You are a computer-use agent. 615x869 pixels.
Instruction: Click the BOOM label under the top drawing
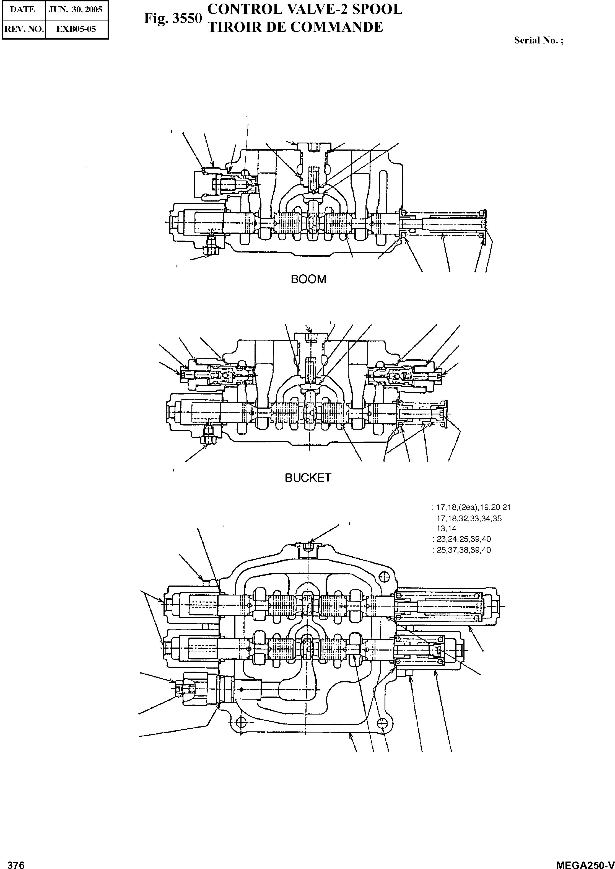pyautogui.click(x=308, y=279)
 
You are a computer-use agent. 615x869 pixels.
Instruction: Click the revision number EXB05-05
pyautogui.click(x=76, y=29)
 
